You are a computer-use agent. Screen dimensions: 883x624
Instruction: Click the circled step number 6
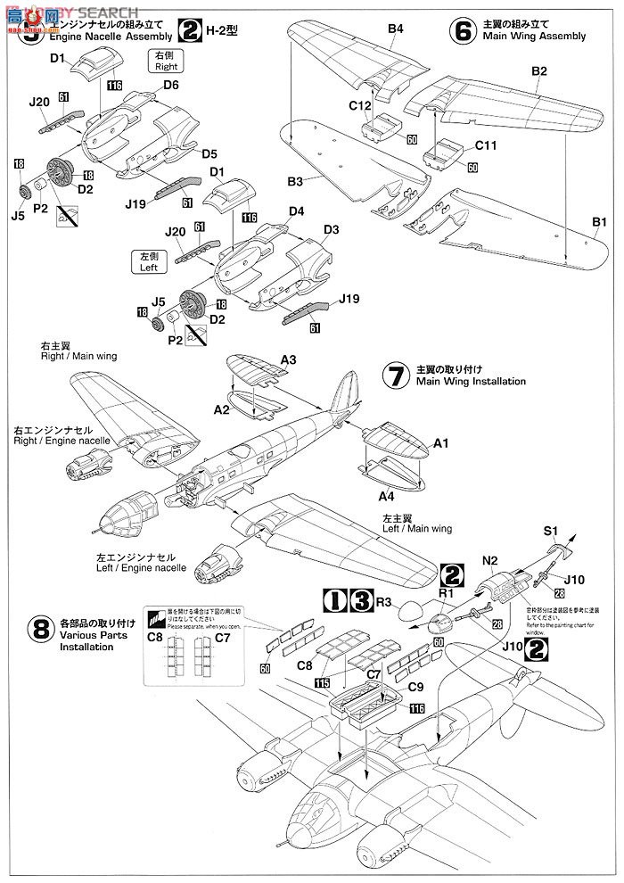[463, 30]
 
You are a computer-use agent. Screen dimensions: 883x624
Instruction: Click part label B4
[396, 29]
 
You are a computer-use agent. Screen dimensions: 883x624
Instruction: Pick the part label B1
[599, 221]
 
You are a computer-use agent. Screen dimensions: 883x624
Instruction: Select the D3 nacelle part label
[331, 229]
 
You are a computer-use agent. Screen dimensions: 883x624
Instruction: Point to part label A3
[288, 359]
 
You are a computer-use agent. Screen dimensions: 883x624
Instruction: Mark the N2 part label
[489, 562]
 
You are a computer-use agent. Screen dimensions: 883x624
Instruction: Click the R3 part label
[384, 602]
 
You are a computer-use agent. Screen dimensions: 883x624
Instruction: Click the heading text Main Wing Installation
[471, 381]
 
